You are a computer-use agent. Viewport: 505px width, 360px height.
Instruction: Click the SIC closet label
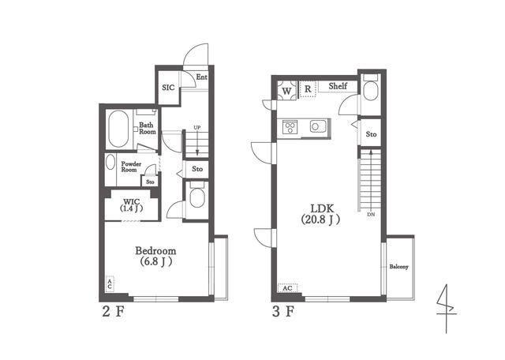(x=168, y=88)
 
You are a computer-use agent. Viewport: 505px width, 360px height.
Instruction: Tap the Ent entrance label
(x=202, y=77)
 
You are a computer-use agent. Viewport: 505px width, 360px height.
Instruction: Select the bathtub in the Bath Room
(x=118, y=129)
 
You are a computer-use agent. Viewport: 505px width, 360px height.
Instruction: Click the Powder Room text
(x=131, y=167)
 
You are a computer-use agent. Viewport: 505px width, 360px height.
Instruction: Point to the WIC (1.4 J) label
(x=132, y=205)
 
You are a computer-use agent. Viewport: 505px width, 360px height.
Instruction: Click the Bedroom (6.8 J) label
(x=155, y=256)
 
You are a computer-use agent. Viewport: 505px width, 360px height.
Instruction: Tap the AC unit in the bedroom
(x=110, y=284)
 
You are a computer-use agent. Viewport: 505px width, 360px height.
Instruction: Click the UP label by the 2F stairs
(x=197, y=128)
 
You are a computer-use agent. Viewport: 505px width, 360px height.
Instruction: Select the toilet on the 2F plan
(x=197, y=196)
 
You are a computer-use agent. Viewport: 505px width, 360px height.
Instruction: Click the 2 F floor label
(x=113, y=312)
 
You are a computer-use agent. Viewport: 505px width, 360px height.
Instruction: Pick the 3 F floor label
(x=283, y=312)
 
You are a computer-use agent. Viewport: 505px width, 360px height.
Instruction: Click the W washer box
(x=286, y=91)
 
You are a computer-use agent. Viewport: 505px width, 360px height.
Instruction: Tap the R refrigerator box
(x=308, y=89)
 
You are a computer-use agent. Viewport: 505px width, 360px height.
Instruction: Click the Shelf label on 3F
(x=338, y=86)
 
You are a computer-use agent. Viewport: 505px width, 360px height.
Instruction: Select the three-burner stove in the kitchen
(x=290, y=126)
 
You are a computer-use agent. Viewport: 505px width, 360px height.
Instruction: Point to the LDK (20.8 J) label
(x=321, y=214)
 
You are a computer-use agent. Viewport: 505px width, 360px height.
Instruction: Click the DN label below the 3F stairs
(x=371, y=214)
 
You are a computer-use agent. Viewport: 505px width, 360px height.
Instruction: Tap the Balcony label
(x=398, y=267)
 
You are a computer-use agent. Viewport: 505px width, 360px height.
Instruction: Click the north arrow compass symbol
(x=447, y=309)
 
